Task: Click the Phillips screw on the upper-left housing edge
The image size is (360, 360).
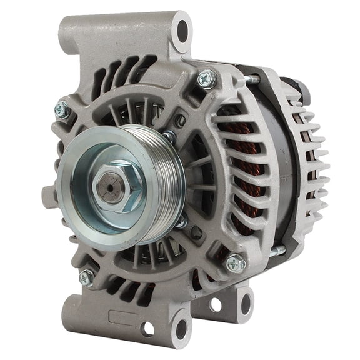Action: [x=62, y=110]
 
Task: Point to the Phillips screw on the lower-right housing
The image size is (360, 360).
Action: [x=235, y=262]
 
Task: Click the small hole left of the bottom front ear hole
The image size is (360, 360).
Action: [x=148, y=328]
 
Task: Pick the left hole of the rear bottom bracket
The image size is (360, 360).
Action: [x=216, y=305]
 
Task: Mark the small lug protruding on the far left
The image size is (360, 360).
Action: [x=48, y=195]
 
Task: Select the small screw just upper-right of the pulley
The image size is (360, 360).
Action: [x=169, y=136]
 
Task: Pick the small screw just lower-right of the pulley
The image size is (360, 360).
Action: [x=181, y=221]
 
